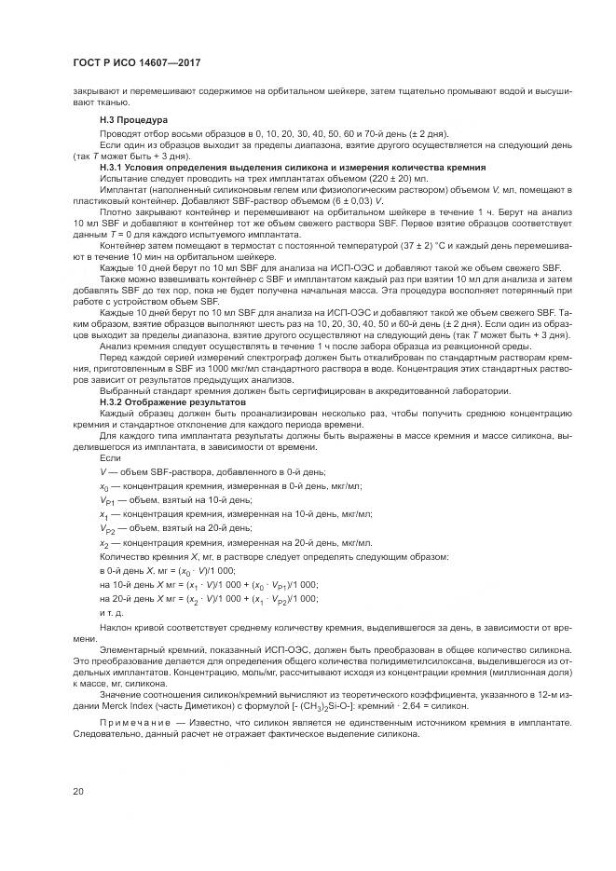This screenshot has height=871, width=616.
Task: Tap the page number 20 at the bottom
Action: tap(78, 792)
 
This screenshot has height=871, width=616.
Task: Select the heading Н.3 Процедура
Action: tap(132, 120)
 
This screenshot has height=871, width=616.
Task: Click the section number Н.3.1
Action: tap(114, 167)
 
